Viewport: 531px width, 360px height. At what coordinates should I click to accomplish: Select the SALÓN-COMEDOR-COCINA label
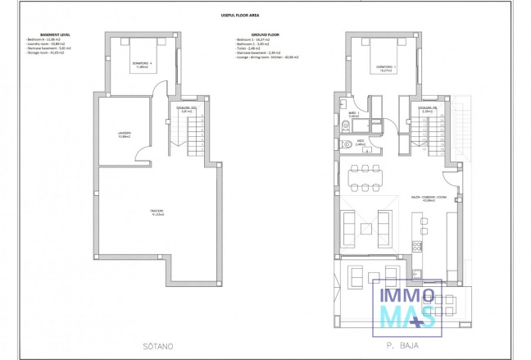point(428,198)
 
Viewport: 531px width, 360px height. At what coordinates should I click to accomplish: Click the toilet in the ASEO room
point(346,142)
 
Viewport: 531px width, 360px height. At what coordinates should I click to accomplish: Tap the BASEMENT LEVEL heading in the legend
point(43,34)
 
